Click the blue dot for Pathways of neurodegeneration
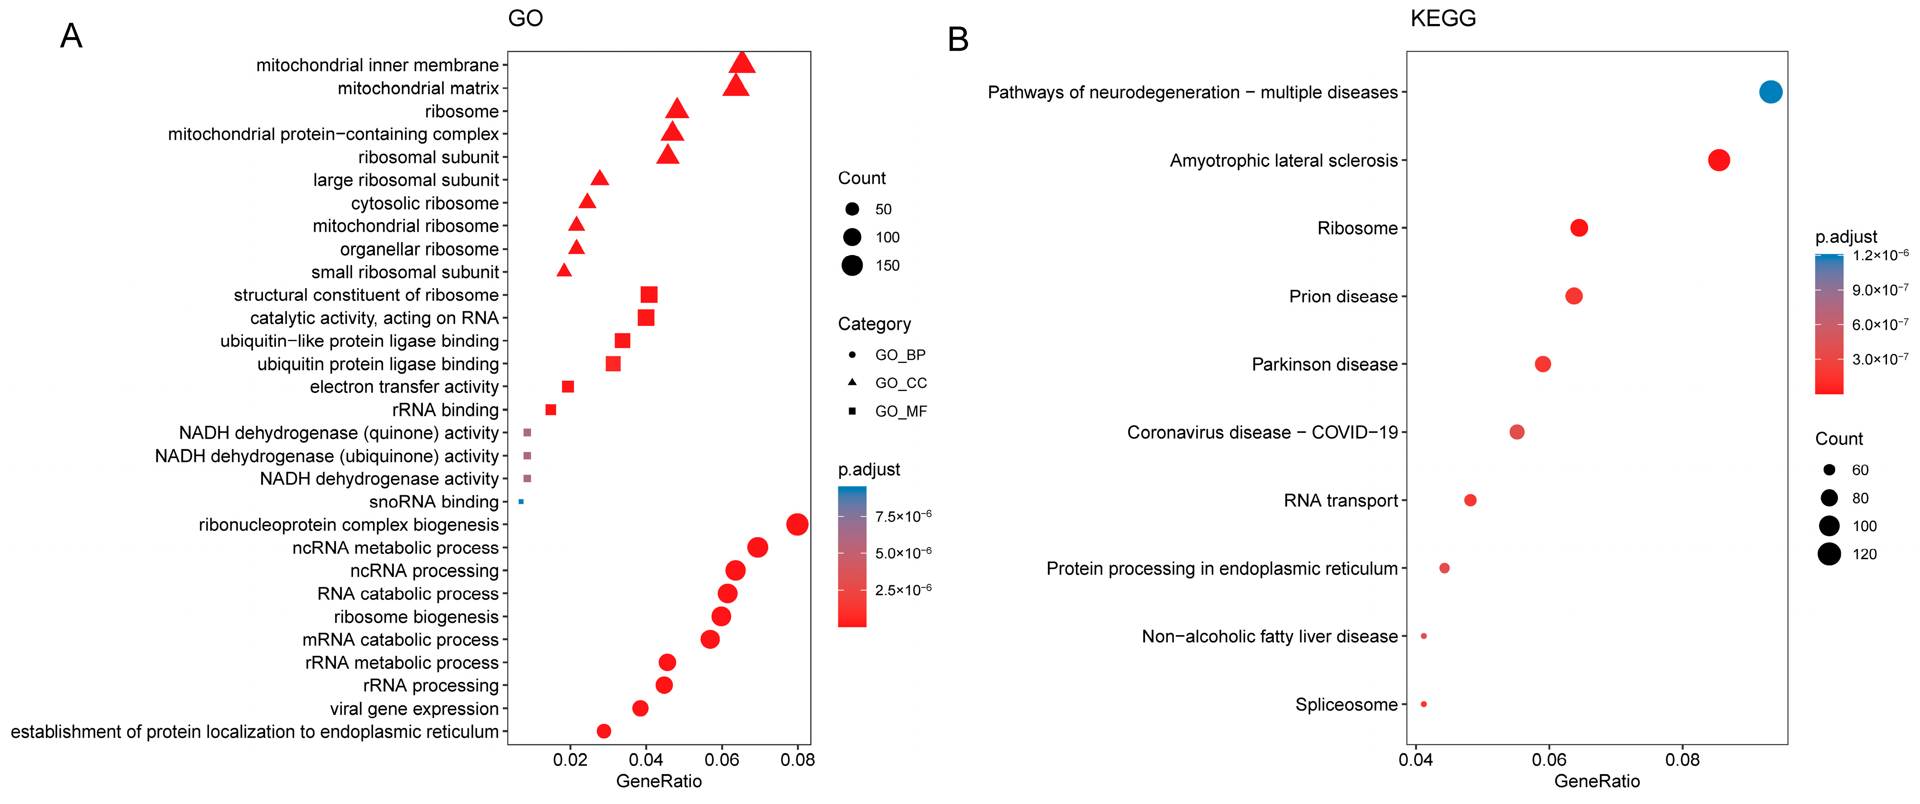pyautogui.click(x=1770, y=92)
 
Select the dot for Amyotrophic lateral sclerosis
pyautogui.click(x=1718, y=160)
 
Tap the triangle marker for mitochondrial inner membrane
pyautogui.click(x=742, y=63)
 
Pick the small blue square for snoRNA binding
pyautogui.click(x=521, y=502)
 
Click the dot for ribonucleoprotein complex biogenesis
pyautogui.click(x=797, y=525)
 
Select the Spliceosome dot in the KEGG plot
pyautogui.click(x=1424, y=704)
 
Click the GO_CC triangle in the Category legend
pyautogui.click(x=852, y=382)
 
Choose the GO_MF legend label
pyautogui.click(x=900, y=411)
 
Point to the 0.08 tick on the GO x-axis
pyautogui.click(x=797, y=760)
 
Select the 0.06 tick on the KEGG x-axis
pyautogui.click(x=1549, y=760)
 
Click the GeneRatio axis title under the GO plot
pyautogui.click(x=659, y=781)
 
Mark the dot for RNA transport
pyautogui.click(x=1470, y=500)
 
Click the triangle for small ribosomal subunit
pyautogui.click(x=564, y=270)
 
